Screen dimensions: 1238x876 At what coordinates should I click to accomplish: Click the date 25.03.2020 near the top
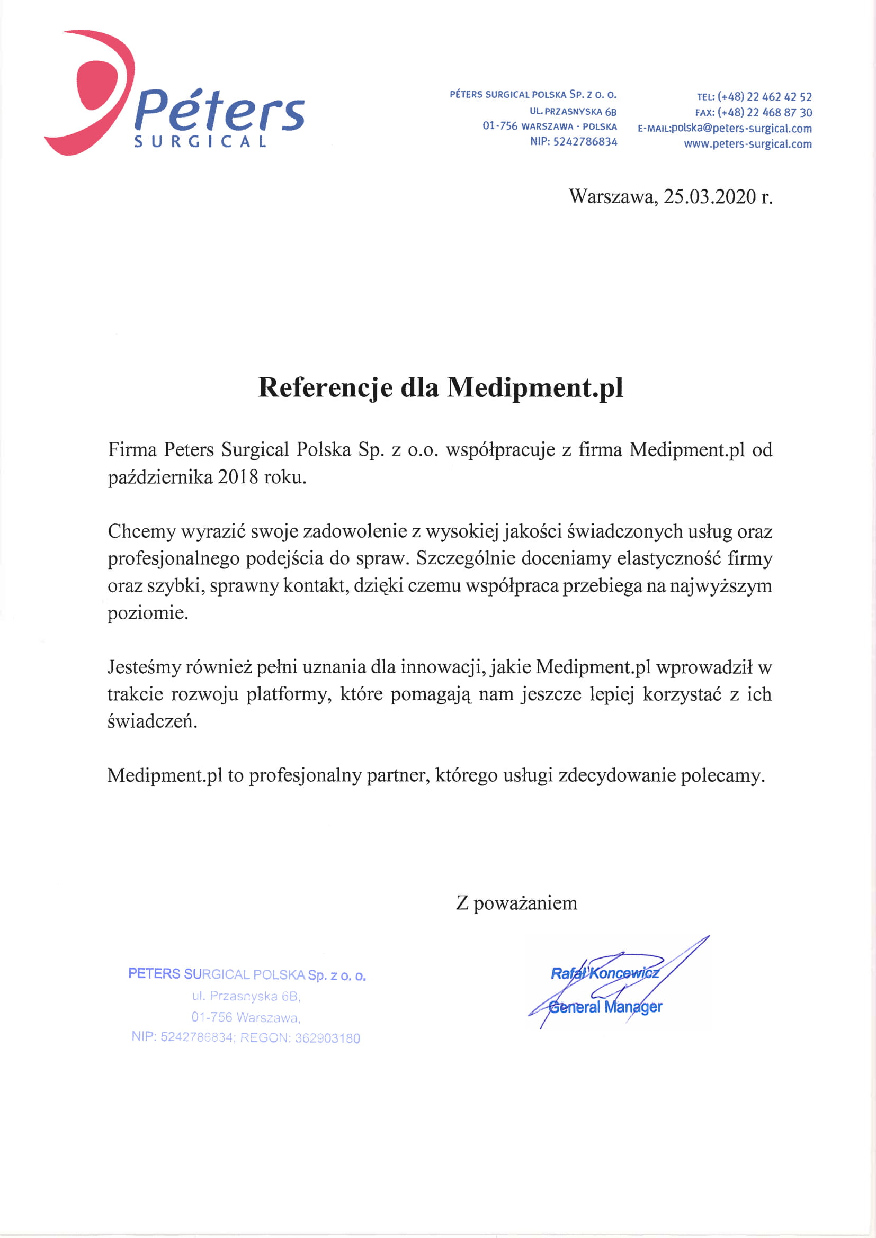(709, 197)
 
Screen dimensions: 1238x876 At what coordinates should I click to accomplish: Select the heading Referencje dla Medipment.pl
(440, 387)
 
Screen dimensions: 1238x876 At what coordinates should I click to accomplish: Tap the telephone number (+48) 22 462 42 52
(764, 97)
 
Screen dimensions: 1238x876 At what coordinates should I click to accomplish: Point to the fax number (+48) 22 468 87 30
(764, 113)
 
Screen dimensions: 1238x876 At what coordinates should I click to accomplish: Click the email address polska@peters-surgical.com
(741, 128)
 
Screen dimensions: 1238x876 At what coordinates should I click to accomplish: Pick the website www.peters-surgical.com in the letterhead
(748, 144)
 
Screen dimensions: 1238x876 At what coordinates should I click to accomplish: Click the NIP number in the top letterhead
(585, 142)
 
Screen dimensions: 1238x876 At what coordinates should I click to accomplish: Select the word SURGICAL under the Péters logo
(200, 142)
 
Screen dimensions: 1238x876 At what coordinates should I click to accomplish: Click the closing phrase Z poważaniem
(516, 902)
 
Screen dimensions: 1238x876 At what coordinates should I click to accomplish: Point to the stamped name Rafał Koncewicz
(604, 973)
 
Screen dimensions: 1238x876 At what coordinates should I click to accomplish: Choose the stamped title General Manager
(605, 1007)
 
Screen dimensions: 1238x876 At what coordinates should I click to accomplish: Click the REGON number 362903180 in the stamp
(327, 1038)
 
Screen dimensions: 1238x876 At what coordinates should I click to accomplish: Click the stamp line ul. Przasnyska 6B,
(246, 996)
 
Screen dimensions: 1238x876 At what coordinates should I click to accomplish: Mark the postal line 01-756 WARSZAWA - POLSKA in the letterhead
(549, 126)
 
